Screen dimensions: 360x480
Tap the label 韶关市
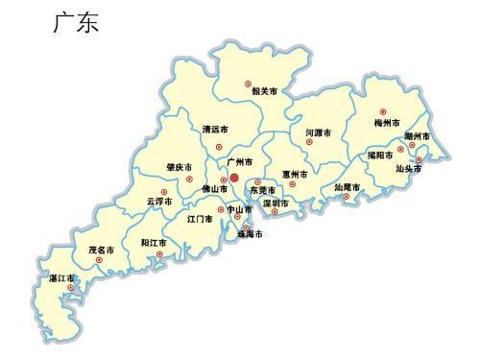click(x=264, y=92)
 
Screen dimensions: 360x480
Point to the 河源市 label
click(x=318, y=132)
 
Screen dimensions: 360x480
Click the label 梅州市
click(x=388, y=123)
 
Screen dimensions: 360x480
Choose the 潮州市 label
click(x=420, y=136)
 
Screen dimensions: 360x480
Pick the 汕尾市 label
click(x=347, y=186)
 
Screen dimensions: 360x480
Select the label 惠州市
click(x=295, y=175)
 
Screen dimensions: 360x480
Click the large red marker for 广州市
click(x=233, y=178)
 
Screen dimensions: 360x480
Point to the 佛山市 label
click(x=214, y=189)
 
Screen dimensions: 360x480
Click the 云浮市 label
click(x=159, y=202)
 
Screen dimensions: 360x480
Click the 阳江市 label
click(x=154, y=243)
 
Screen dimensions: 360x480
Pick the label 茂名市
click(x=102, y=250)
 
